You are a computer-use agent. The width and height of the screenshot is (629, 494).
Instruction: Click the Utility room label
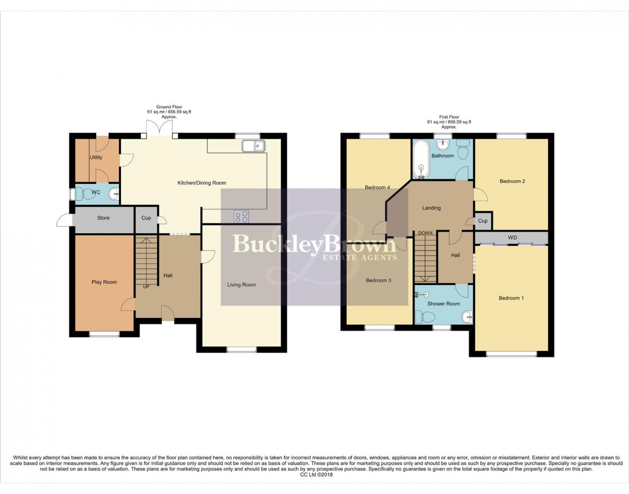(96, 157)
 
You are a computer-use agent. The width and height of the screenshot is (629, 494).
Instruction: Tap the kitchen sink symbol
(253, 146)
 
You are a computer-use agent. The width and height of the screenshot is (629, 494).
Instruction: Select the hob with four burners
(241, 216)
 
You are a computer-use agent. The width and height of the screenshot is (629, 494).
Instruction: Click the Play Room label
(104, 282)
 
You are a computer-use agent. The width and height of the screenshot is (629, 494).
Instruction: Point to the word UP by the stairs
(146, 287)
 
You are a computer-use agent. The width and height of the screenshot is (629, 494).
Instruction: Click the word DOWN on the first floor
(425, 233)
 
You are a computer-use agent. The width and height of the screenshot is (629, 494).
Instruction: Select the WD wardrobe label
(512, 238)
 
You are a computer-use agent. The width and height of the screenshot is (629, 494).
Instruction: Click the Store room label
(103, 218)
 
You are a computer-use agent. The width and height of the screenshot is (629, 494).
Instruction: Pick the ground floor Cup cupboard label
(146, 218)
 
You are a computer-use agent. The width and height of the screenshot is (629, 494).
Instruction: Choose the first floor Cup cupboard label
(483, 221)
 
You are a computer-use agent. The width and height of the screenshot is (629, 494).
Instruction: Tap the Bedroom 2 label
(512, 181)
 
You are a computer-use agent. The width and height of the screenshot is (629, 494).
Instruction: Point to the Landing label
(431, 208)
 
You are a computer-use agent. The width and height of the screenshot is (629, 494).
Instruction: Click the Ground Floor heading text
(169, 107)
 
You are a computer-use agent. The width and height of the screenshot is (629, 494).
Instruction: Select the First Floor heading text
(449, 117)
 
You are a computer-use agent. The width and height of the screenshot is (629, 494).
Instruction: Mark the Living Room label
(241, 285)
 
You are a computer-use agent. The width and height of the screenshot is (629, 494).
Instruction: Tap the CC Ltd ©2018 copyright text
(316, 474)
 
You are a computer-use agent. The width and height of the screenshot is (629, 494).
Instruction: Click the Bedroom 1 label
(511, 298)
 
